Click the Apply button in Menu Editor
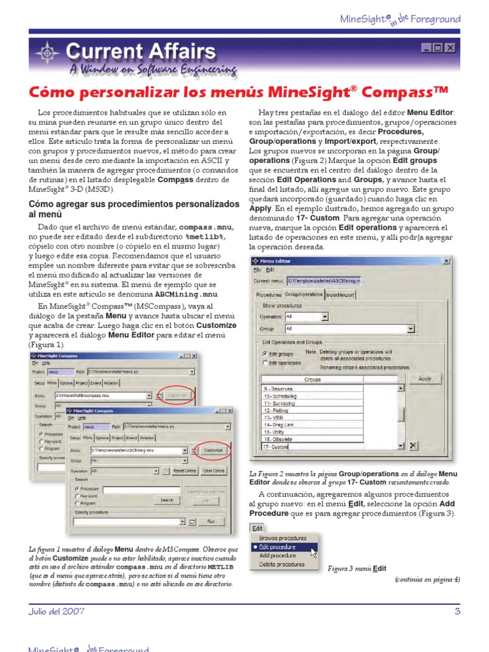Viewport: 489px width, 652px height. pos(425,379)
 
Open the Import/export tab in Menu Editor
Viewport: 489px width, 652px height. pos(341,295)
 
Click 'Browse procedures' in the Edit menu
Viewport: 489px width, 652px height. pos(283,538)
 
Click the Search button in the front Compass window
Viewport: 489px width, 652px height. pos(167,500)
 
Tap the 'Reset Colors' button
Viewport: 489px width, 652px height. pos(185,471)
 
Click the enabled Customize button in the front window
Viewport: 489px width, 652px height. pos(213,450)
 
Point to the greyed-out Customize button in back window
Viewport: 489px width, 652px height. pos(178,395)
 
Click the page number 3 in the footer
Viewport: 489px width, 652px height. pos(457,611)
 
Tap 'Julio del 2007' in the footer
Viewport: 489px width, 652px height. pos(56,611)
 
